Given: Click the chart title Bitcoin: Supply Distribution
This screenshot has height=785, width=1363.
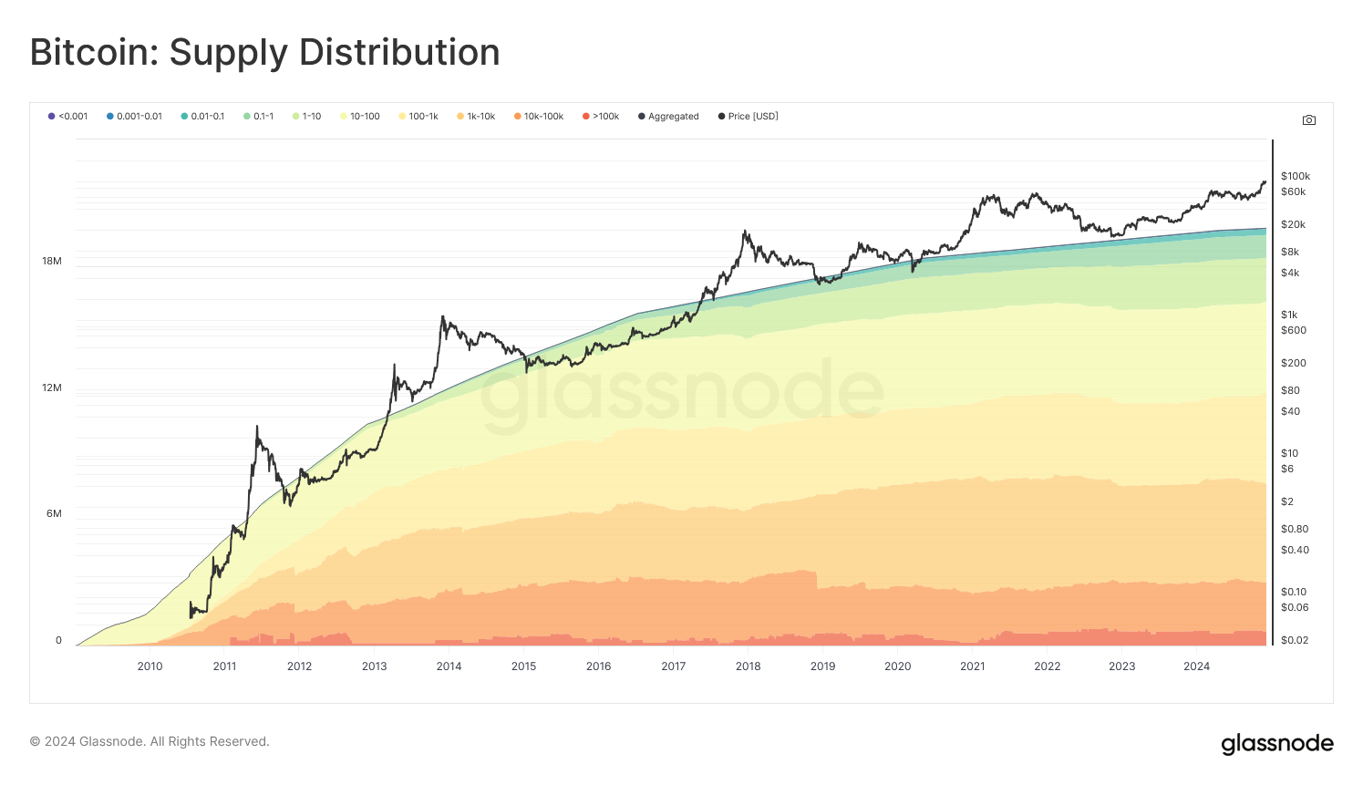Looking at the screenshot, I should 264,53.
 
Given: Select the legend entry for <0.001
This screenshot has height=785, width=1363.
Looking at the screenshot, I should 68,117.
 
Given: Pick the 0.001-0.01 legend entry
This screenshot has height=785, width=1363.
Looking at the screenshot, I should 134,117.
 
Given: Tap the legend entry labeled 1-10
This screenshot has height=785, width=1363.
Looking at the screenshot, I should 307,117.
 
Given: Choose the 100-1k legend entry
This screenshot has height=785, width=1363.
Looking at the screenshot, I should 418,117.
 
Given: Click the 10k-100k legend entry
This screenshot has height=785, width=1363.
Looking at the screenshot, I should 539,117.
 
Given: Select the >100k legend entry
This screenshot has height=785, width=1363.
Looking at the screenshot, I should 601,117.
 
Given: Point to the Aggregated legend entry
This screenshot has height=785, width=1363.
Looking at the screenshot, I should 668,117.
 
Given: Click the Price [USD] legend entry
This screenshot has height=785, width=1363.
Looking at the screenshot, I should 748,117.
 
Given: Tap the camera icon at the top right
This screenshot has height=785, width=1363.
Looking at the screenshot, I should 1309,120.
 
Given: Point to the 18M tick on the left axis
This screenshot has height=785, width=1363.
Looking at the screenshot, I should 52,262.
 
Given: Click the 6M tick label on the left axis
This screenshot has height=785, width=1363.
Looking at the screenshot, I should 54,514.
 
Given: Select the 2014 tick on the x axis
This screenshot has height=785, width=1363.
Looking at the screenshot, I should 449,666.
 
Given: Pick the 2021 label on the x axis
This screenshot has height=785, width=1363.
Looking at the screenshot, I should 972,666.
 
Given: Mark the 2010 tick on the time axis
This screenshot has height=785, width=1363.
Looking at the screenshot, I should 150,666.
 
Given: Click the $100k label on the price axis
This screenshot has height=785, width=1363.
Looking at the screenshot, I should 1295,177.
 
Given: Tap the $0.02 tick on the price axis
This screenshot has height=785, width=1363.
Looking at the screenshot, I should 1294,641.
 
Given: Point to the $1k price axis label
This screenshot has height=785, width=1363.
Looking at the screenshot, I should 1289,315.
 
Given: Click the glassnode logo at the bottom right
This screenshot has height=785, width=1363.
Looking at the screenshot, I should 1276,744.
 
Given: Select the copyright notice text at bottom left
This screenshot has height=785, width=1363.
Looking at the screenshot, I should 150,742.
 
